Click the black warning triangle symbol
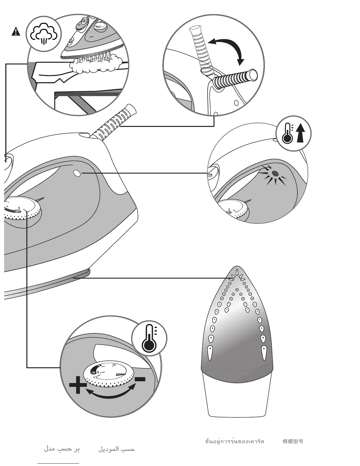pos(16,31)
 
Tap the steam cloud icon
pos(44,34)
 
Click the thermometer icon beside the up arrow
pos(287,133)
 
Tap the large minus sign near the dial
pos(140,379)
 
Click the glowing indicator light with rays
pos(275,174)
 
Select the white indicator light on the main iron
pos(77,174)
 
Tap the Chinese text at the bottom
pos(293,441)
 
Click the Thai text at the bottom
pos(234,441)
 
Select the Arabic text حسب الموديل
pos(116,449)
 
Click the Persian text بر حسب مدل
pos(62,449)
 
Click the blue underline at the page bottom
pos(58,464)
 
